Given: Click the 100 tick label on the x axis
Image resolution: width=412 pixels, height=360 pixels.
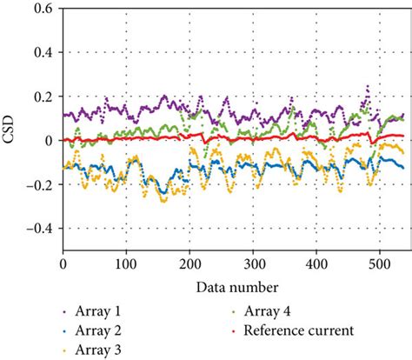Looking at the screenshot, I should [126, 262].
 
